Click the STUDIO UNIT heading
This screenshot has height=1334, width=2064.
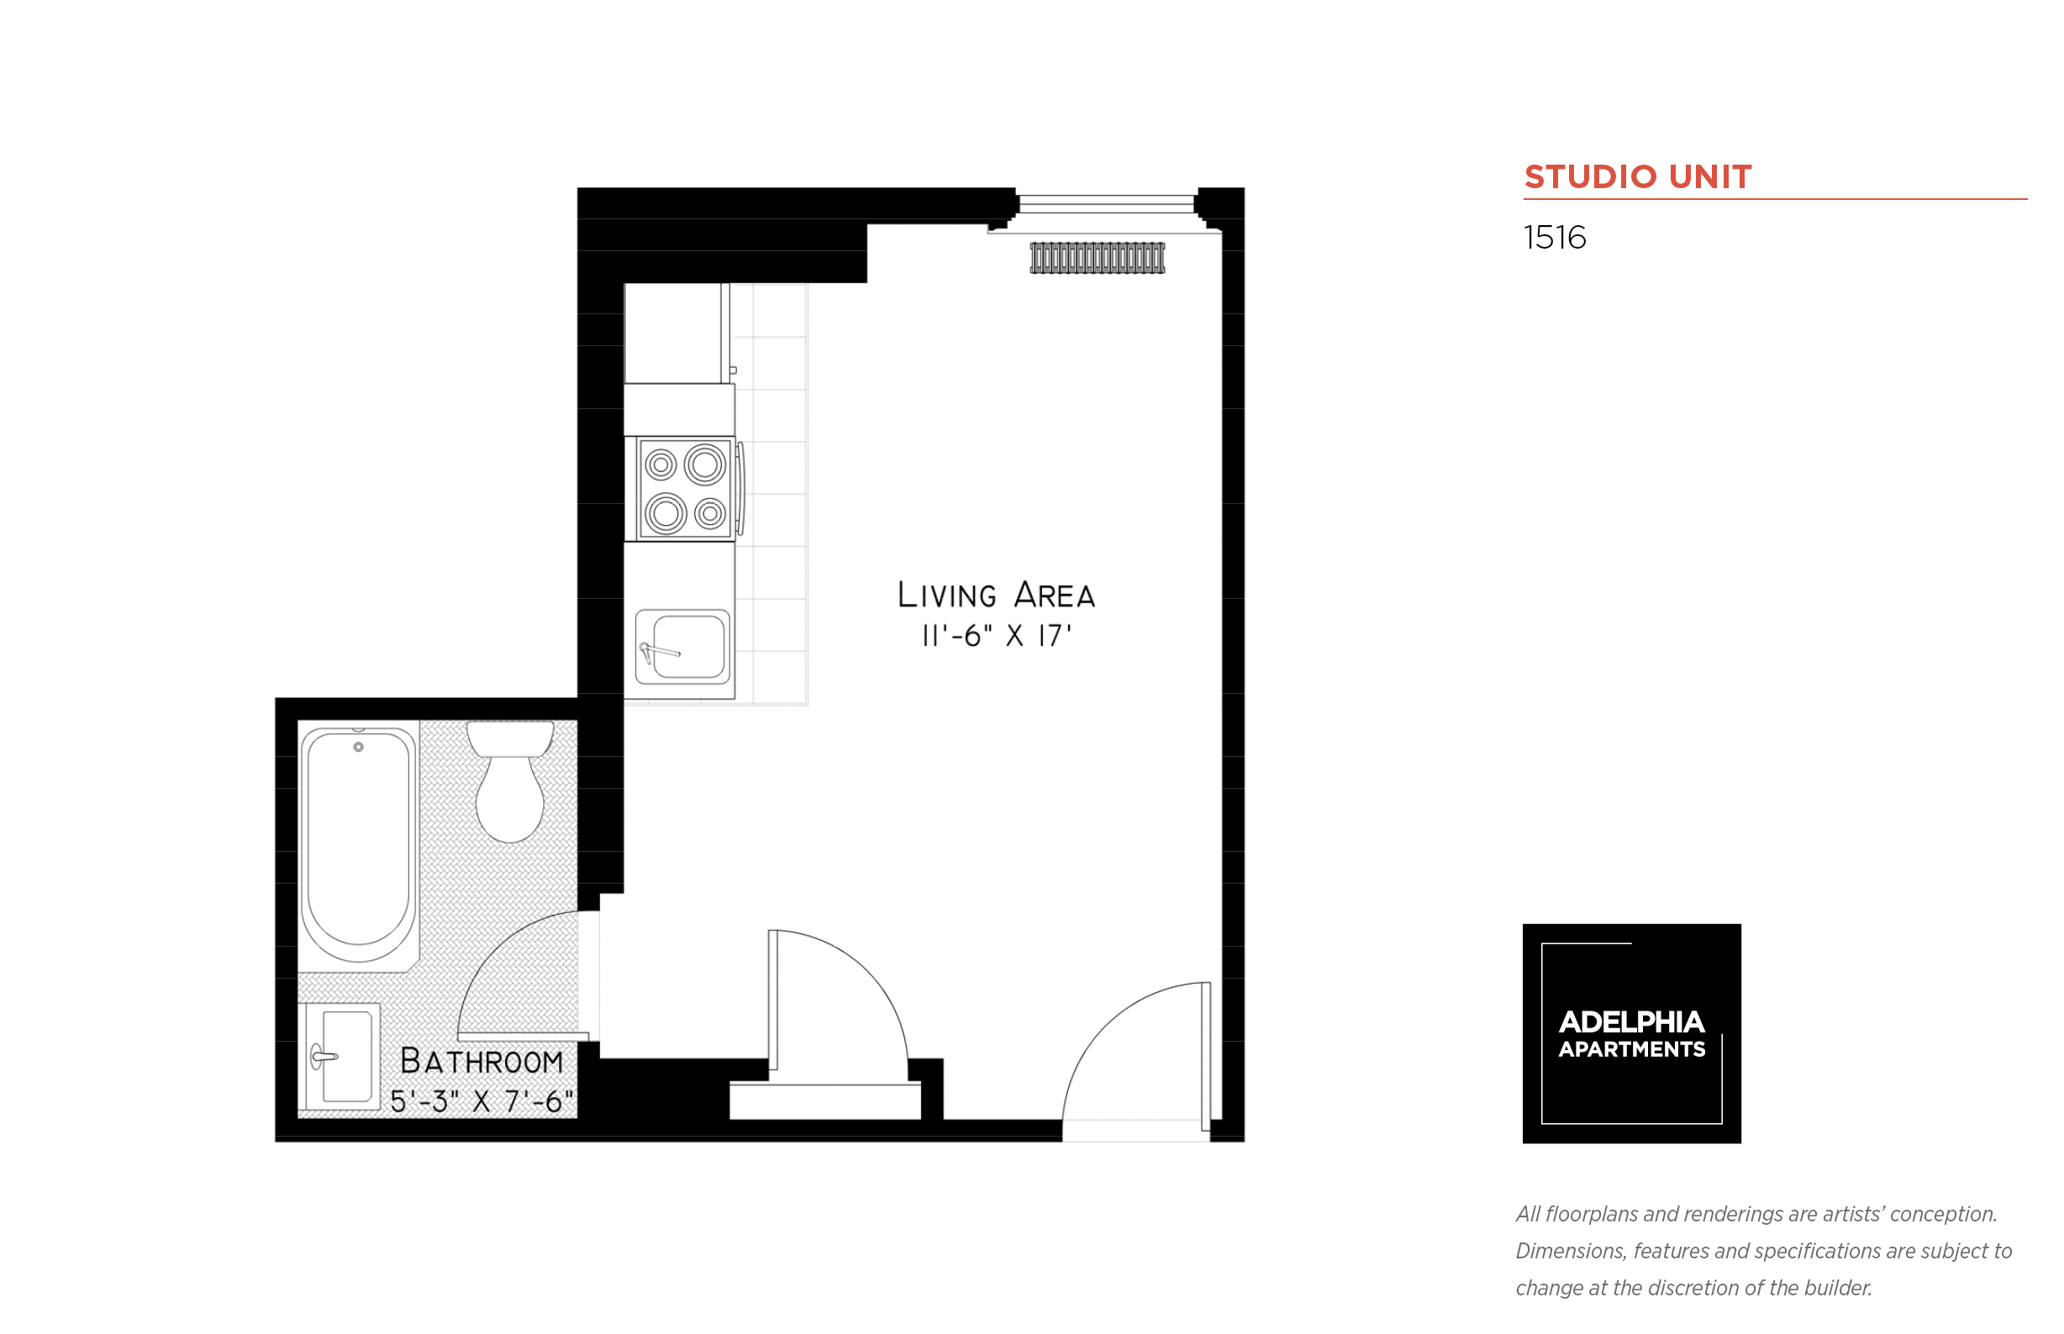[1637, 176]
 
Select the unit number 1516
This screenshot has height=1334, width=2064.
[1555, 238]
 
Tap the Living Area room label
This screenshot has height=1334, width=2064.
[996, 594]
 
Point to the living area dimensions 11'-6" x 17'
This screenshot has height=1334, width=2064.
[996, 636]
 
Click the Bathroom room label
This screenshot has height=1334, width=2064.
[481, 1061]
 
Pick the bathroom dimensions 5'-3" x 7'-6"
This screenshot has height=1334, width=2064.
[482, 1101]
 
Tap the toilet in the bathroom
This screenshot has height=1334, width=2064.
[510, 781]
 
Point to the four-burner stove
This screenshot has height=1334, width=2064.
[685, 489]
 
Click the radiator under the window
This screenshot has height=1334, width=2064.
[1097, 258]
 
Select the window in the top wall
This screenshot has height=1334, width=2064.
[1107, 204]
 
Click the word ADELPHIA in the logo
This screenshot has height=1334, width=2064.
[1630, 1022]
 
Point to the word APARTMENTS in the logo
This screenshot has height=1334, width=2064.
[1630, 1049]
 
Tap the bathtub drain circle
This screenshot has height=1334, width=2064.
[359, 747]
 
